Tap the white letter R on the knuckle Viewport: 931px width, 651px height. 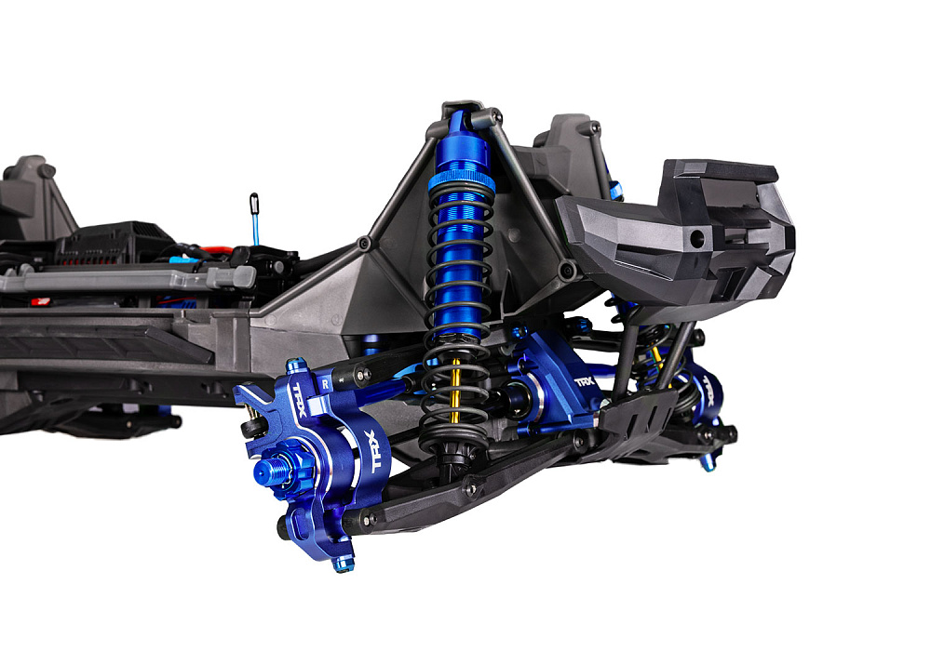(x=324, y=381)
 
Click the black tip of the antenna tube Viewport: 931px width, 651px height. (x=254, y=201)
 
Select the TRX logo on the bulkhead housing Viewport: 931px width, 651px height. (x=585, y=381)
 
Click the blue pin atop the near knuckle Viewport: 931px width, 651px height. (x=295, y=365)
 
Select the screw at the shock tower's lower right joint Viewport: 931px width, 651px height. (x=566, y=271)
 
